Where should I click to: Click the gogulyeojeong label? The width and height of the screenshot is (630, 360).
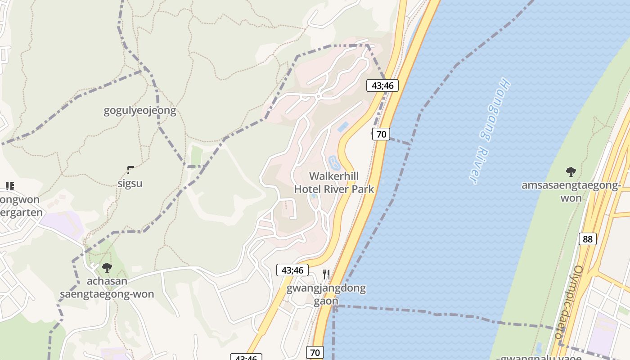click(139, 111)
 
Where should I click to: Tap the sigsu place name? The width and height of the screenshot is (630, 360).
click(130, 184)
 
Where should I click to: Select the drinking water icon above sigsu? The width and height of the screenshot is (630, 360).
click(130, 170)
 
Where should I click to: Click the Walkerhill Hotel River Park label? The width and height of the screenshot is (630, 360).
click(334, 182)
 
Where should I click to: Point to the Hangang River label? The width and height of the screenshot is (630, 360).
click(491, 131)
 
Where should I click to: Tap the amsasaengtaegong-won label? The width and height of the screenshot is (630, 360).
click(571, 192)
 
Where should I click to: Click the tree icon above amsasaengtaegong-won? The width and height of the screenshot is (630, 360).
click(571, 171)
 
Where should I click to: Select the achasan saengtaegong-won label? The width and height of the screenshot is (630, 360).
click(107, 288)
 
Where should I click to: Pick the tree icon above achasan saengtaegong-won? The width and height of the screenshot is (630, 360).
click(107, 268)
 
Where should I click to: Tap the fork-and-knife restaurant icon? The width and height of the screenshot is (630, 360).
click(326, 274)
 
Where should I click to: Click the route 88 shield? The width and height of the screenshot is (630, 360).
click(588, 239)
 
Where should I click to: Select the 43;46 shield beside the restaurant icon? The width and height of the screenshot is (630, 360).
click(292, 270)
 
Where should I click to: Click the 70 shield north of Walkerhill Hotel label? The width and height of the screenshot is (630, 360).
click(381, 134)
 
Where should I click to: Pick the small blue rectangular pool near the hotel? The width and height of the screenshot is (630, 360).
click(343, 126)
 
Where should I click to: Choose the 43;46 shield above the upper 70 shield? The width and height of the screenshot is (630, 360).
click(382, 85)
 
